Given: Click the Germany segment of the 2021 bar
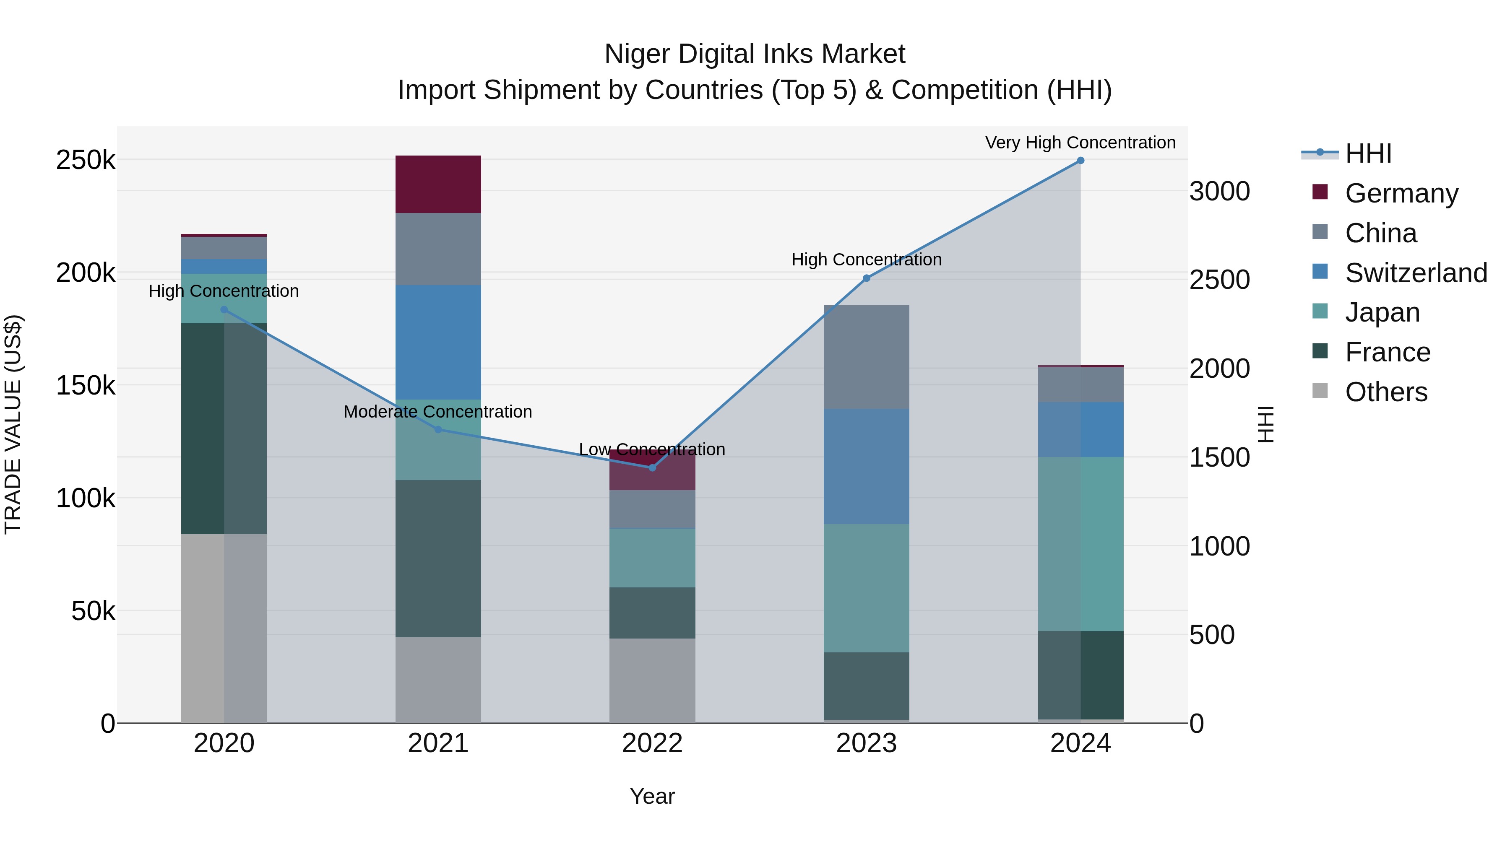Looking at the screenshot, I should [x=438, y=184].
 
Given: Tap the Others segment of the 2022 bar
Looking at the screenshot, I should [x=652, y=680].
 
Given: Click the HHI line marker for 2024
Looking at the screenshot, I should [x=1080, y=161].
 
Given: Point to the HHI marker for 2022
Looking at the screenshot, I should [x=652, y=467].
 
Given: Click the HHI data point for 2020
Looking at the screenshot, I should [x=224, y=309].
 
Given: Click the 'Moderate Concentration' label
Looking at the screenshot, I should [x=437, y=411].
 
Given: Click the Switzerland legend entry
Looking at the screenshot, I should [x=1415, y=273].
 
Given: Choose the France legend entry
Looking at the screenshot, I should [x=1387, y=352].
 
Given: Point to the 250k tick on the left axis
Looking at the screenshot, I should [x=86, y=160].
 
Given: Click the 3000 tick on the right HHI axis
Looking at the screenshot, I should [x=1219, y=192].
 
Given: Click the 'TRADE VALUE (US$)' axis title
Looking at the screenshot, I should [x=13, y=424].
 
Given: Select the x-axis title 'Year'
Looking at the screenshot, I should [x=652, y=796].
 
